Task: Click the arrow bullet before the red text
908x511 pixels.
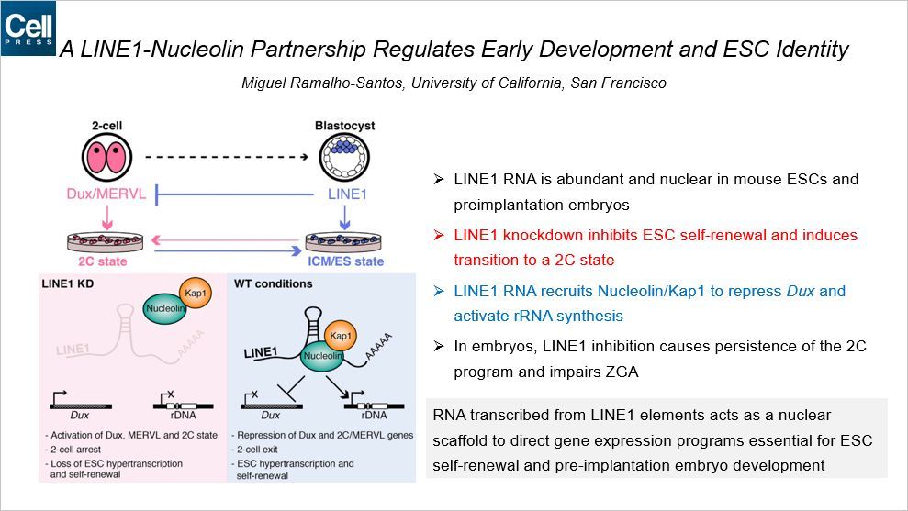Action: [x=439, y=236]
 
